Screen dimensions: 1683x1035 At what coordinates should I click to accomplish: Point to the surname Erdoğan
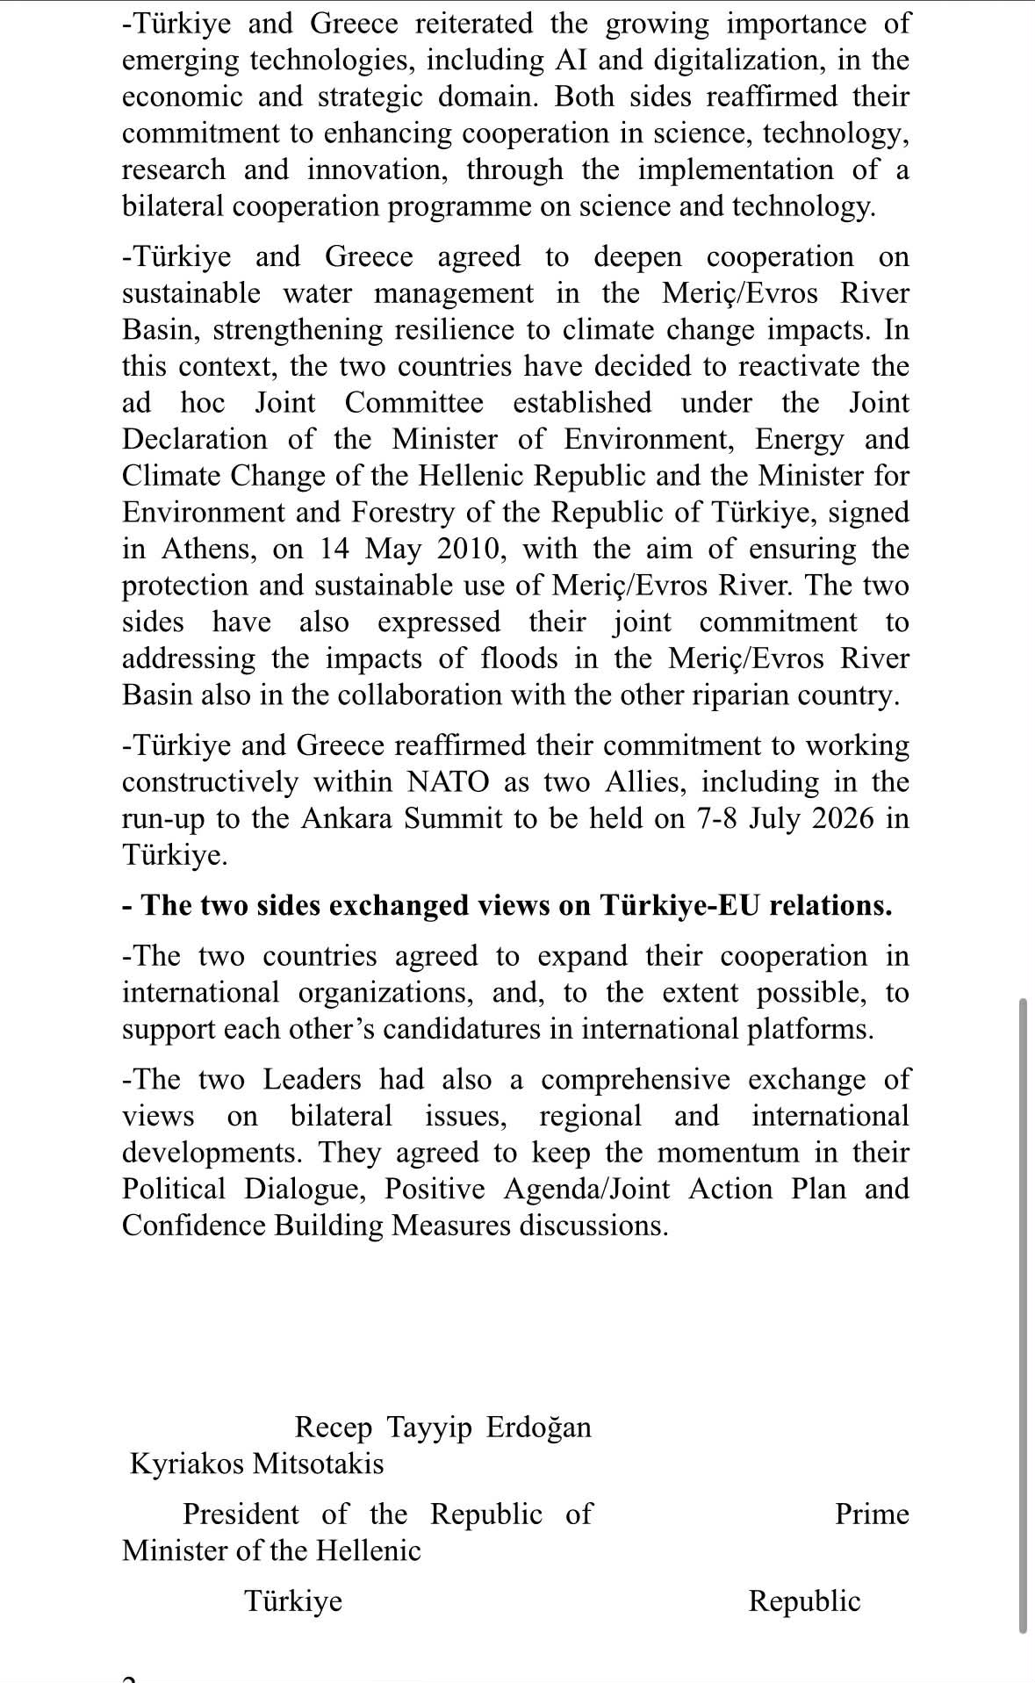[538, 1427]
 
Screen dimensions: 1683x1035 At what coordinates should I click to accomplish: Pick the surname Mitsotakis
[318, 1464]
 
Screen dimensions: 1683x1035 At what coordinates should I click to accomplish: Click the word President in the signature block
[241, 1514]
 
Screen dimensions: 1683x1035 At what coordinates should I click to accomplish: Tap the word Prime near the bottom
[872, 1514]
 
